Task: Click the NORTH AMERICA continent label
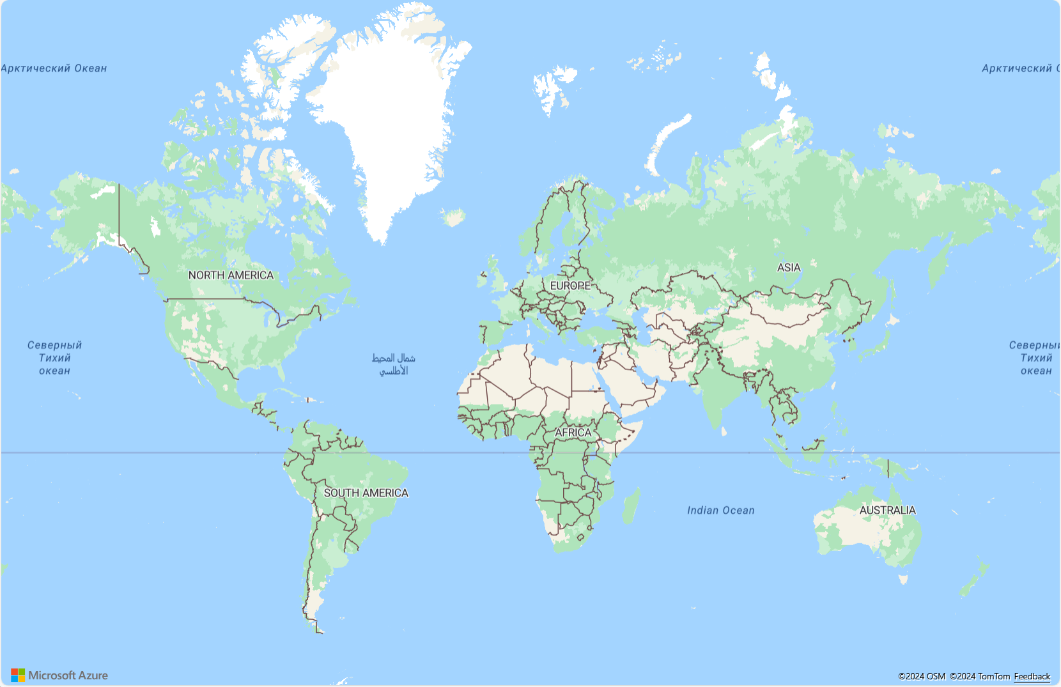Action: click(231, 275)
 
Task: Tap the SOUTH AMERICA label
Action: click(366, 493)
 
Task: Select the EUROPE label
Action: click(570, 286)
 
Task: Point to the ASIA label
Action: click(788, 268)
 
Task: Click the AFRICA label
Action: click(573, 433)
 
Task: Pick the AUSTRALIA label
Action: click(887, 510)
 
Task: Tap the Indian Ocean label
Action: click(720, 510)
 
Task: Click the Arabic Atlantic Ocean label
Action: click(394, 364)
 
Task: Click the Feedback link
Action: click(1032, 676)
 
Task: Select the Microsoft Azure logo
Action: click(59, 675)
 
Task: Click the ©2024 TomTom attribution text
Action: click(980, 676)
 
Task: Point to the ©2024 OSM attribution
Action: click(922, 676)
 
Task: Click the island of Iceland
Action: click(454, 217)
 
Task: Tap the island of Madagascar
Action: click(631, 505)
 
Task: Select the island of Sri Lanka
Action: click(724, 431)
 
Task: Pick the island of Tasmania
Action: click(903, 579)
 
